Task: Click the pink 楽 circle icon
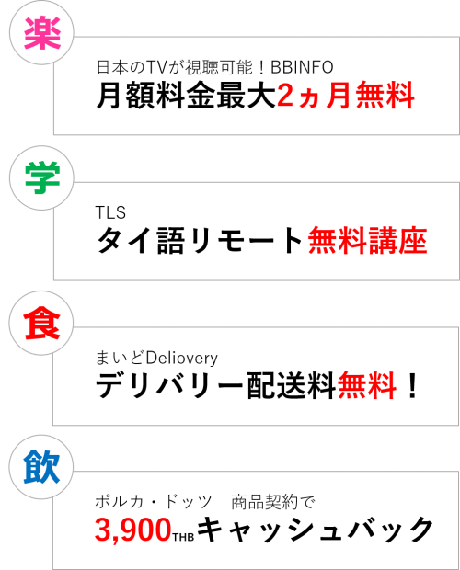tap(41, 33)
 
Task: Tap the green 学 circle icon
tap(41, 177)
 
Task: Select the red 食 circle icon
tap(41, 323)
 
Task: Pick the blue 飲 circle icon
tap(41, 467)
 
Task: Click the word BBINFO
tap(302, 67)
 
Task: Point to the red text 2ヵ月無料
tap(345, 96)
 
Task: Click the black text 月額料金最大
tap(186, 96)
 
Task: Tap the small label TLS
tap(110, 212)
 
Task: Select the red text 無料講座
tap(367, 240)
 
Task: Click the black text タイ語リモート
tap(200, 240)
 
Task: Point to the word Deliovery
tap(182, 358)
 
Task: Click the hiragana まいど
tap(121, 358)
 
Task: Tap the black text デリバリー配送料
tap(215, 385)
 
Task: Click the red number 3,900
tap(133, 530)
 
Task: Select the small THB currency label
tap(183, 537)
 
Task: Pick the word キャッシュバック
tap(315, 530)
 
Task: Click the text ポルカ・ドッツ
tap(153, 502)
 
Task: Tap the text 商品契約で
tap(272, 502)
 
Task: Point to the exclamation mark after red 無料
tap(412, 385)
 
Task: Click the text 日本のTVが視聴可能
tap(175, 67)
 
